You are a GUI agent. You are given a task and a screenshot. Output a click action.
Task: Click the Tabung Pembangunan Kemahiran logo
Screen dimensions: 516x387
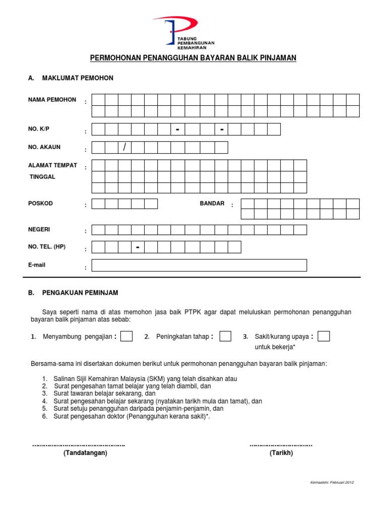(x=176, y=31)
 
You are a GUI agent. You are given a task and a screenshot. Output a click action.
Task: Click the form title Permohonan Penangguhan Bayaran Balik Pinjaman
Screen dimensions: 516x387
(x=193, y=58)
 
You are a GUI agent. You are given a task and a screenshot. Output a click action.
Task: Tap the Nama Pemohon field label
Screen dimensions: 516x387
(x=52, y=100)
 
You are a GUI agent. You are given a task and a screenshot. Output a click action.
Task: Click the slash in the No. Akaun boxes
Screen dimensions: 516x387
(x=124, y=147)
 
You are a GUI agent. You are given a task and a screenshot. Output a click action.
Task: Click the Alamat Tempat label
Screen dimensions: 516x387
(x=53, y=165)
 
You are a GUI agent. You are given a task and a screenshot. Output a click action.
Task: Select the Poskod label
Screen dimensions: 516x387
(x=40, y=204)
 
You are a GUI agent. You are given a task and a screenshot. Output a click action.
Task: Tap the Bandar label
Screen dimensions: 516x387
(x=212, y=204)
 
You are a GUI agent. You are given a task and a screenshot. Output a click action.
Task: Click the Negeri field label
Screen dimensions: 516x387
(x=39, y=229)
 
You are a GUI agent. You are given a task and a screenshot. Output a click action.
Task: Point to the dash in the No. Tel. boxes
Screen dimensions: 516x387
(x=137, y=247)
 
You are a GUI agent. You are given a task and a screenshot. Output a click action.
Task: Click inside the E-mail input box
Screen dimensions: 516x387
(x=199, y=265)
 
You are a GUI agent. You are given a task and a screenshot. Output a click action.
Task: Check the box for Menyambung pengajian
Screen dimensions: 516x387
(x=126, y=336)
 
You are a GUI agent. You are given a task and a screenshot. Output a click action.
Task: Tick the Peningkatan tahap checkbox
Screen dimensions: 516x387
(x=225, y=336)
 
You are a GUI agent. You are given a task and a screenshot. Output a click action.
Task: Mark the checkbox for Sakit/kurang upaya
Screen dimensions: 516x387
(x=324, y=336)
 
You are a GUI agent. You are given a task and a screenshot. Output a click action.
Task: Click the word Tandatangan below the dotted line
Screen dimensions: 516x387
(x=85, y=453)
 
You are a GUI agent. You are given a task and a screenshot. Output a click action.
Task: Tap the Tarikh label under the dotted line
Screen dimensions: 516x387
(x=281, y=453)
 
